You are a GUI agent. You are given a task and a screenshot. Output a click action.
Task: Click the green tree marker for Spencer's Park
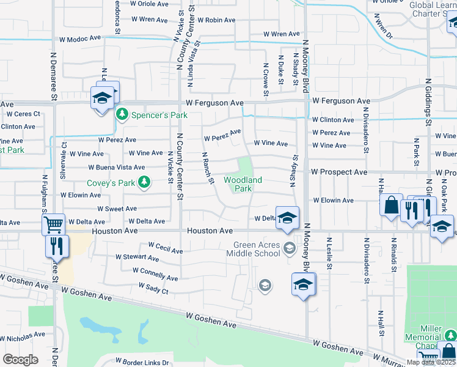coord(122,114)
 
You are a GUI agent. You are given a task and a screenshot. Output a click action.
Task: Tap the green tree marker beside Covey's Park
coord(144,182)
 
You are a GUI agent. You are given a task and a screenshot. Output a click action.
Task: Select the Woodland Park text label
coord(243,184)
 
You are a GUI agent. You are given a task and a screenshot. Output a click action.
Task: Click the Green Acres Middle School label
coord(257,250)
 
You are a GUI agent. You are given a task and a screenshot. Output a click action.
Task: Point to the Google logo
coord(20,359)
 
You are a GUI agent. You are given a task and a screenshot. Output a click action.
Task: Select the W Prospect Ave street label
coord(340,172)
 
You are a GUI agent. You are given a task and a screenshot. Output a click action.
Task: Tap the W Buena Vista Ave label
coord(117,167)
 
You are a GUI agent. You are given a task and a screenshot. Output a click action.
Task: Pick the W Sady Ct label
coord(153,287)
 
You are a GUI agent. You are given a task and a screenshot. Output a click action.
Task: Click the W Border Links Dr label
coord(142,362)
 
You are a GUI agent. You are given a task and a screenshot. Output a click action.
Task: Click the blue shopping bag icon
coord(391,205)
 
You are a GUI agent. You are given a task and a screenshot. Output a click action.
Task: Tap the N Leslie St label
coord(329,254)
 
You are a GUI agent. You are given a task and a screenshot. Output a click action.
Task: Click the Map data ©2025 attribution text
coord(431,362)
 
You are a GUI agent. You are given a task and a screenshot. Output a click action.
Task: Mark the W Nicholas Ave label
coord(22,336)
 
